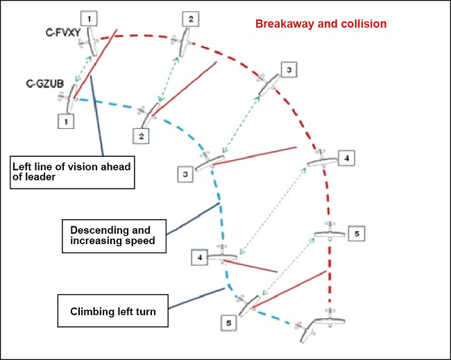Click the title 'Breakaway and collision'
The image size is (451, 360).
click(321, 24)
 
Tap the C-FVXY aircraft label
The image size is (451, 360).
click(62, 32)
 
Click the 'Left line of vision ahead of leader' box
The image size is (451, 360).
click(72, 171)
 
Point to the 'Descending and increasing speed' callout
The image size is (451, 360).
click(114, 235)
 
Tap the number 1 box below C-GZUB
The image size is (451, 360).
click(67, 121)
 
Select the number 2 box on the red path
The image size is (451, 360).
click(191, 19)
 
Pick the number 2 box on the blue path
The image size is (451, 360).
click(141, 135)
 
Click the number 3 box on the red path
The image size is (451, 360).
click(289, 69)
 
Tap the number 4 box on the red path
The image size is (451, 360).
click(346, 158)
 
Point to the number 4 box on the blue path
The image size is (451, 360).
click(199, 257)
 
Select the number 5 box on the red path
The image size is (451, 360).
click(355, 234)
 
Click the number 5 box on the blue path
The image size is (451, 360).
click(230, 323)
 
